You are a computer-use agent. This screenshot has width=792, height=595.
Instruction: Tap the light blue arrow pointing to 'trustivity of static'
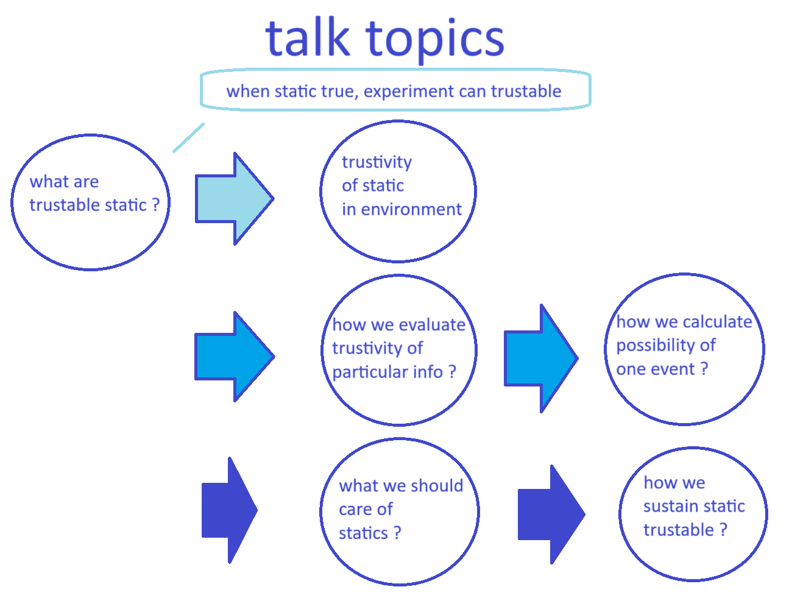pos(235,199)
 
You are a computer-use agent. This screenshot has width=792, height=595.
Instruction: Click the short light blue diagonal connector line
pos(188,138)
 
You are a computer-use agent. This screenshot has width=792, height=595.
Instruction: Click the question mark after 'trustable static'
pos(156,205)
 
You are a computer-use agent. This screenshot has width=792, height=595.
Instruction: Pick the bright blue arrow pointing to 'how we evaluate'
pos(235,357)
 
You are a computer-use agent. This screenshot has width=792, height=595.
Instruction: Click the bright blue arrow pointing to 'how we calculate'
pos(541,358)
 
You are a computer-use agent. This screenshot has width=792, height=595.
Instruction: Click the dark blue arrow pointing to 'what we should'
pos(230,510)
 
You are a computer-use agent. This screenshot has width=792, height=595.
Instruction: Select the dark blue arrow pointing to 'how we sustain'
pos(551,514)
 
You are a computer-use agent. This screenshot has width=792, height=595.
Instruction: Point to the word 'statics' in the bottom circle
pos(363,533)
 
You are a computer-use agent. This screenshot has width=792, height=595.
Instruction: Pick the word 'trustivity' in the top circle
pos(377,163)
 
